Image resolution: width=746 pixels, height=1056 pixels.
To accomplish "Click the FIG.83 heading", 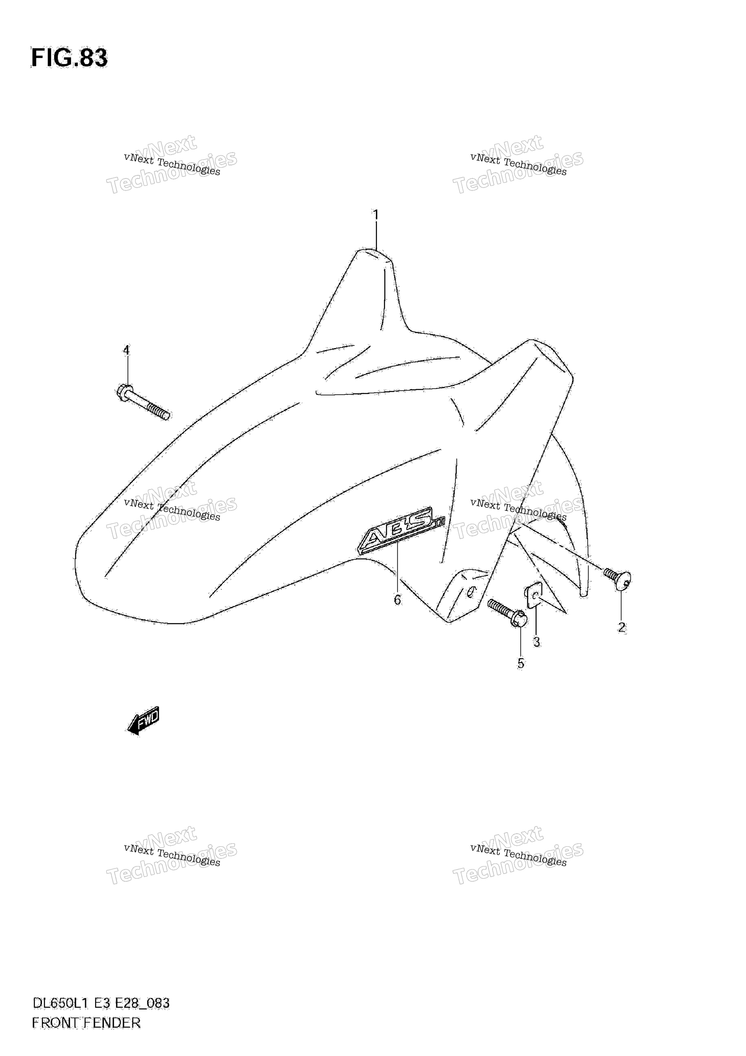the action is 69,58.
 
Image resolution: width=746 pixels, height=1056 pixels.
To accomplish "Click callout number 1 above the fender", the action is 376,215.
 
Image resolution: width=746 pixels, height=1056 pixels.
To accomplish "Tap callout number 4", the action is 126,350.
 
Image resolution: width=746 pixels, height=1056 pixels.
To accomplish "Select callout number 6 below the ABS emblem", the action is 397,600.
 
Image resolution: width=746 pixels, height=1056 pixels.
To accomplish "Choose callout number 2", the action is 621,627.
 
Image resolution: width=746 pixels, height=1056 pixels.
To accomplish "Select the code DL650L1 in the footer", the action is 64,1003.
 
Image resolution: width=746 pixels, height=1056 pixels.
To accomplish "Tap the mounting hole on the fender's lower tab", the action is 470,593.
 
